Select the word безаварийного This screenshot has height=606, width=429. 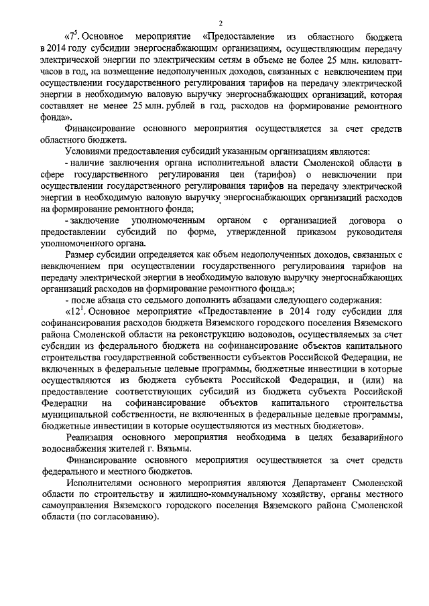[371, 437]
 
